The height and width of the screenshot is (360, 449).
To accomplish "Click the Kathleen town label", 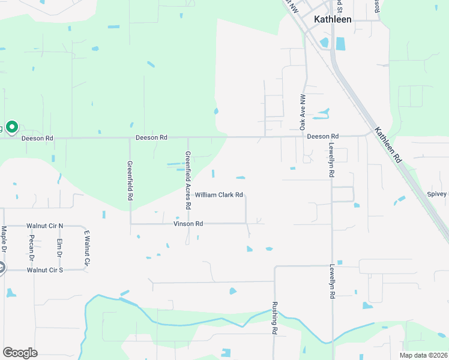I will click(333, 19).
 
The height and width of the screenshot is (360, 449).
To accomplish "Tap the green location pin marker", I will click(11, 128).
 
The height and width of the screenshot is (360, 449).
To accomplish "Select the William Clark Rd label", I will click(218, 195).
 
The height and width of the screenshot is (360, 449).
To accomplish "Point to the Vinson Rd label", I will click(188, 224).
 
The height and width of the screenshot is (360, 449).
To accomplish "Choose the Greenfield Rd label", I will click(130, 180).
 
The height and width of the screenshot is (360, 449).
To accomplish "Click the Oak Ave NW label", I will click(303, 112).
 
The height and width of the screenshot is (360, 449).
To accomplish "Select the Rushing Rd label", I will click(274, 317).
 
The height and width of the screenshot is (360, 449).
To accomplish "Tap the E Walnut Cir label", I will click(86, 248).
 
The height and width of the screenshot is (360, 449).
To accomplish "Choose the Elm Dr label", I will click(59, 248).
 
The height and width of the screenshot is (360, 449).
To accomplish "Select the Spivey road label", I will click(438, 194).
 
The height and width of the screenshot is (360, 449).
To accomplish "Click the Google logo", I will click(20, 353).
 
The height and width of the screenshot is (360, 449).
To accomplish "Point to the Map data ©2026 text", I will click(423, 355).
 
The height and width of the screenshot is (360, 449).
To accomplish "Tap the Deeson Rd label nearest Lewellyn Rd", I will click(323, 137).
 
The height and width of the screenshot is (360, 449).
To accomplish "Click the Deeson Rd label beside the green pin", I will click(37, 139).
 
